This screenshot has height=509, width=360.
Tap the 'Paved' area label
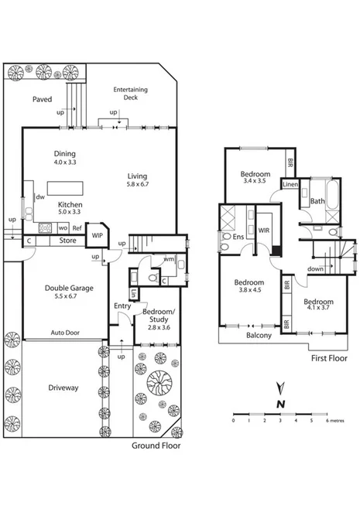[x=42, y=100]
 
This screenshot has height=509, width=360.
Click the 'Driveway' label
[x=62, y=388]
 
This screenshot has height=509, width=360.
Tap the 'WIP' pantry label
[x=98, y=236]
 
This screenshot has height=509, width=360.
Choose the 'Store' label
[x=67, y=241]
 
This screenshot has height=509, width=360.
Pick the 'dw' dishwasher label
[x=38, y=197]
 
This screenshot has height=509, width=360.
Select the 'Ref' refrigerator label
[x=76, y=227]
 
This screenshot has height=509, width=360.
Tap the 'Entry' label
[x=122, y=306]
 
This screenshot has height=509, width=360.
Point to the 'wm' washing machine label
[x=168, y=259]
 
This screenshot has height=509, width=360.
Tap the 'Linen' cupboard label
[x=290, y=185]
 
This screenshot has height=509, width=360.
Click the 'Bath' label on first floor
[x=317, y=201]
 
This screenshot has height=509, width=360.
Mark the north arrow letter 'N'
[x=282, y=403]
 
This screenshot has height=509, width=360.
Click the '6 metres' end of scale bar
[x=334, y=421]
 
